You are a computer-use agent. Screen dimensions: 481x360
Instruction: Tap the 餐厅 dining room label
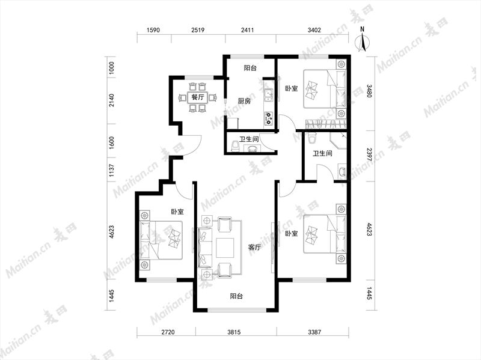(x=198, y=97)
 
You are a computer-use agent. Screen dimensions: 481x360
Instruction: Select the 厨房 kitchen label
(x=245, y=101)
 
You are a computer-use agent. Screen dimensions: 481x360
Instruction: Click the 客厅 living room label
(x=254, y=247)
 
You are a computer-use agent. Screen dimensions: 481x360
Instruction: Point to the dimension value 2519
(x=198, y=30)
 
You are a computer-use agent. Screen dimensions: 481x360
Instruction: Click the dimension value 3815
(x=234, y=332)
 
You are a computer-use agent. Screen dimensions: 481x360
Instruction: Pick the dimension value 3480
(x=369, y=91)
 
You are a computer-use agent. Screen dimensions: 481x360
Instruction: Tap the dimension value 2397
(x=369, y=155)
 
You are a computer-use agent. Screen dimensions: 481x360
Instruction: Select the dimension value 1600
(x=112, y=143)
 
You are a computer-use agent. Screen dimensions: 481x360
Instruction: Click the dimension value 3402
(x=314, y=30)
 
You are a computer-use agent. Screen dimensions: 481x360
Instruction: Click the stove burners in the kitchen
(x=269, y=118)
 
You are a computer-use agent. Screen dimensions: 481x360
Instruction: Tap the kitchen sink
(x=269, y=95)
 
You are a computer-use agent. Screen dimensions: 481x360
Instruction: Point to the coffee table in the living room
(x=225, y=248)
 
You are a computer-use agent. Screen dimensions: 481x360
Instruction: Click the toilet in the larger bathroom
(x=312, y=138)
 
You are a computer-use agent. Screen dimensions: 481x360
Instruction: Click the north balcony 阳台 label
(x=250, y=68)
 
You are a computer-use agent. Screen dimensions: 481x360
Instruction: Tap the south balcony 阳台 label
(x=236, y=296)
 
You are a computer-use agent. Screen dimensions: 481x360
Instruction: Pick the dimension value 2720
(x=168, y=332)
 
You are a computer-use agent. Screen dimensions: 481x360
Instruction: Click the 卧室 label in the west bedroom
(x=177, y=212)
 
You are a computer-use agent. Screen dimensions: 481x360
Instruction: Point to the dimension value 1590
(x=153, y=30)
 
